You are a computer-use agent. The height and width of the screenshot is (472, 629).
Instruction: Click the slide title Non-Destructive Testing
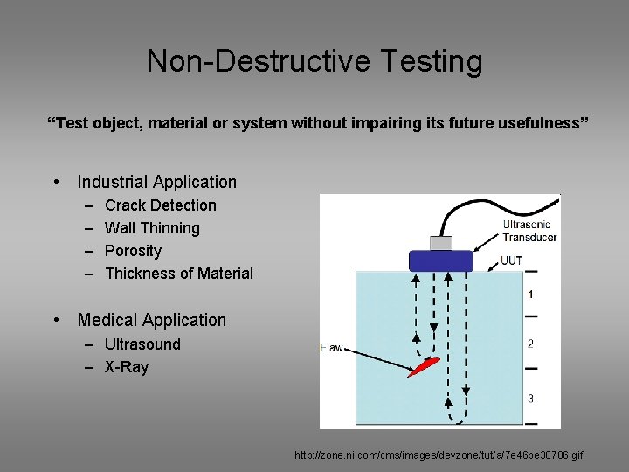pyautogui.click(x=314, y=61)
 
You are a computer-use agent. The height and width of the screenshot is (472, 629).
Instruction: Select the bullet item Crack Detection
pyautogui.click(x=160, y=205)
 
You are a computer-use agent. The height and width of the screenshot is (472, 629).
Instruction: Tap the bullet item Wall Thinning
pyautogui.click(x=152, y=228)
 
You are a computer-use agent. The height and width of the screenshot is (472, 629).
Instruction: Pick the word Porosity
pyautogui.click(x=133, y=251)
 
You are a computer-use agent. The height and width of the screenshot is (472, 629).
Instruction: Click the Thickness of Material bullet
pyautogui.click(x=178, y=274)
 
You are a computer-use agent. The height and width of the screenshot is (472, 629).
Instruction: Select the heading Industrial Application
pyautogui.click(x=156, y=182)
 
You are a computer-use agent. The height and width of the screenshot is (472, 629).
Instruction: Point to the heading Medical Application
pyautogui.click(x=151, y=320)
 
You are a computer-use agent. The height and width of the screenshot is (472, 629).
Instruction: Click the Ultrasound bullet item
pyautogui.click(x=142, y=344)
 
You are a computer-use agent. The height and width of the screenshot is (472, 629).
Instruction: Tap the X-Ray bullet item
pyautogui.click(x=127, y=367)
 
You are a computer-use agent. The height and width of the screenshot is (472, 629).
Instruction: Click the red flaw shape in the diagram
pyautogui.click(x=423, y=366)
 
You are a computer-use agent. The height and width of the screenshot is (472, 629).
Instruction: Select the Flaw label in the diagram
pyautogui.click(x=332, y=348)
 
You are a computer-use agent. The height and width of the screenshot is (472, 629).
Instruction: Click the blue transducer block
pyautogui.click(x=440, y=260)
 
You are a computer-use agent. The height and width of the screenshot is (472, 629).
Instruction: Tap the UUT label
pyautogui.click(x=512, y=260)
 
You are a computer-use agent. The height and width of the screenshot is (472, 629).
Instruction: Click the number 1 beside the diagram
pyautogui.click(x=530, y=295)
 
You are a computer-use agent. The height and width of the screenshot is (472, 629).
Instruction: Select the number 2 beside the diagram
pyautogui.click(x=530, y=344)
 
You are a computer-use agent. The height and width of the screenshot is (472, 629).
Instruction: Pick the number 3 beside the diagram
pyautogui.click(x=530, y=399)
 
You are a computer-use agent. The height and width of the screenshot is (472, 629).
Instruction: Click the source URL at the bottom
pyautogui.click(x=439, y=455)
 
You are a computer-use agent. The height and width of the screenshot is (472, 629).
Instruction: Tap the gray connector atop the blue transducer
pyautogui.click(x=440, y=243)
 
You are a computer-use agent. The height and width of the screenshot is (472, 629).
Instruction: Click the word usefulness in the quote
pyautogui.click(x=540, y=124)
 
